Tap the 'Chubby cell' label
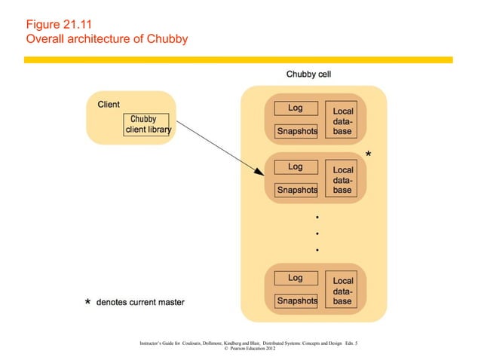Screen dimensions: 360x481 point(308,75)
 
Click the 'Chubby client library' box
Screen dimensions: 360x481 point(148,125)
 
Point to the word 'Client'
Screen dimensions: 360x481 point(109,104)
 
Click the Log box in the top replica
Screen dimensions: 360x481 point(296,108)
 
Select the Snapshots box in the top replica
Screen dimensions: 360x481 point(296,131)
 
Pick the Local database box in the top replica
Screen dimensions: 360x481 point(342,121)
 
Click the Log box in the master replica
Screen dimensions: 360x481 point(296,167)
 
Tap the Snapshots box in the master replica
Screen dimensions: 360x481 point(296,190)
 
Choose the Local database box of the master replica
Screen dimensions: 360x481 point(342,179)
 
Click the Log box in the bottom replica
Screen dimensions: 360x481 point(296,278)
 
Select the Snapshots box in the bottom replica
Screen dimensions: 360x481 point(296,301)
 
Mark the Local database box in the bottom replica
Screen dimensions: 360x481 point(342,291)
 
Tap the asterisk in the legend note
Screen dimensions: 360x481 point(87,303)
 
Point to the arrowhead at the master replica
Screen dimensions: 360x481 point(259,174)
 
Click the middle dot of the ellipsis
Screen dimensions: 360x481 point(317,233)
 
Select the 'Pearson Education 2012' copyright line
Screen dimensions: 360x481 point(249,349)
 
